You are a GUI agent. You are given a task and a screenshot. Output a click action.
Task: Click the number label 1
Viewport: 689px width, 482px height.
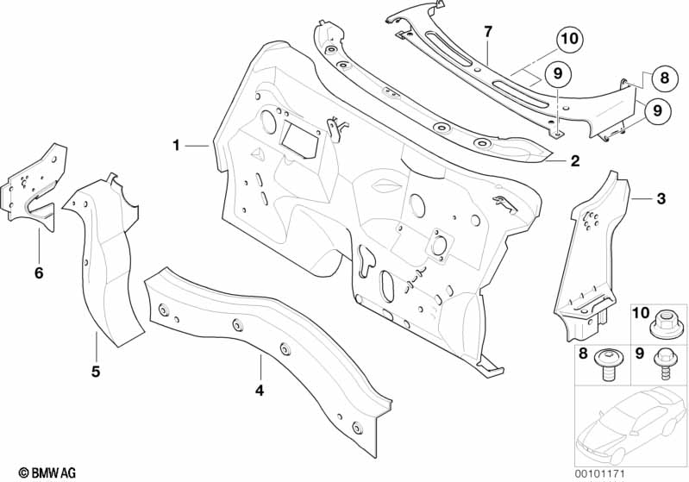176,146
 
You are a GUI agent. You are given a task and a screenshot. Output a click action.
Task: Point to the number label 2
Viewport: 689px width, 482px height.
574,160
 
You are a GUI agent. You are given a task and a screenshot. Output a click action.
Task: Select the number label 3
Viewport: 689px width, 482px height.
661,199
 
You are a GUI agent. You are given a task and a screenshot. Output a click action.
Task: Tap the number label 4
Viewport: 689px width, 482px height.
259,390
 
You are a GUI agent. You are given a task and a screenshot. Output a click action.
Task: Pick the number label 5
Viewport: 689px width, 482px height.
96,372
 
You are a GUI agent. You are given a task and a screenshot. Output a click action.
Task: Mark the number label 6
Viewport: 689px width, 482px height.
38,273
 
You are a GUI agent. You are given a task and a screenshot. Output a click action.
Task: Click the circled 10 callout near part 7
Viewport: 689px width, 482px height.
569,39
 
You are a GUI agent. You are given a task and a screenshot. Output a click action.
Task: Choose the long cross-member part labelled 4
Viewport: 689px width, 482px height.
267,345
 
